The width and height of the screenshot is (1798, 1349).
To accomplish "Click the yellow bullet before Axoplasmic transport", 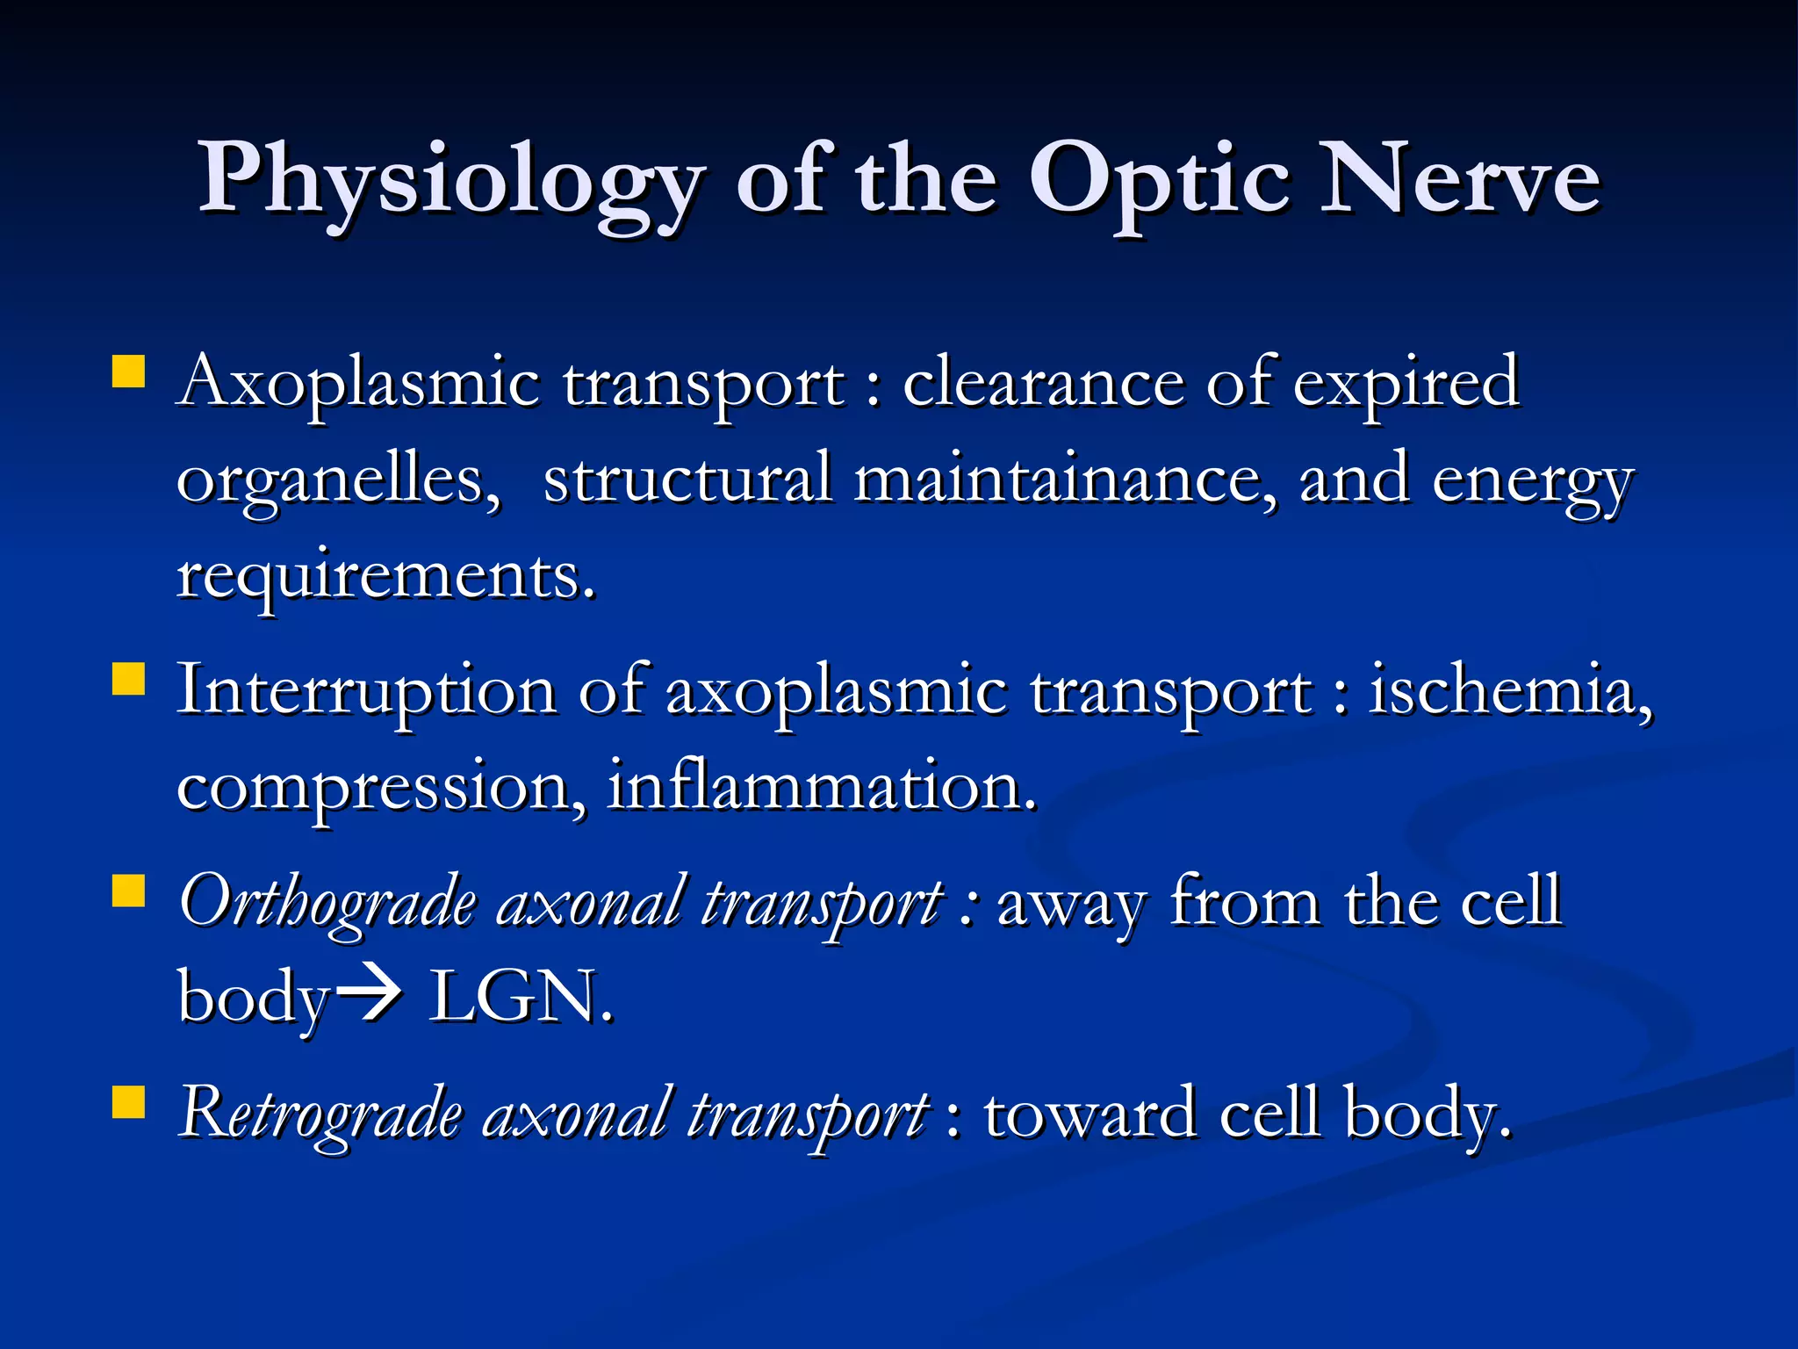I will pyautogui.click(x=128, y=372).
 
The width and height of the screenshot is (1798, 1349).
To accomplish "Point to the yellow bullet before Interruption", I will pyautogui.click(x=128, y=679).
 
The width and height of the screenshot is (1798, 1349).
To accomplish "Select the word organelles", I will pyautogui.click(x=338, y=481).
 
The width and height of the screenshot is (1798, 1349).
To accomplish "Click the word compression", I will pyautogui.click(x=380, y=788).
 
